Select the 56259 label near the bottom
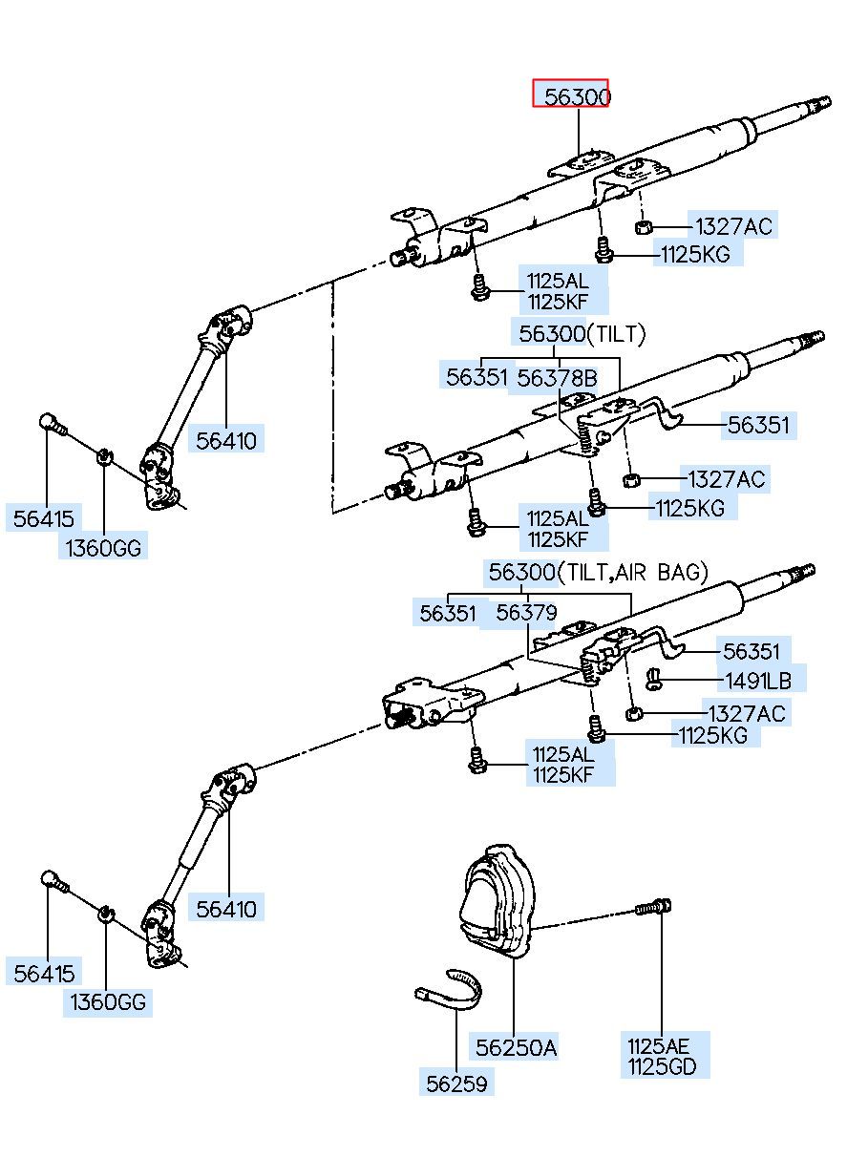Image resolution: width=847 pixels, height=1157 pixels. (x=456, y=1083)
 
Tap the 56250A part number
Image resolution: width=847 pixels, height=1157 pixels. (x=516, y=1047)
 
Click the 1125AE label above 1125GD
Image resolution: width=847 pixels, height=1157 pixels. (x=658, y=1046)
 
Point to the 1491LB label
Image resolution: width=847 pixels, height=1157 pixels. (x=758, y=681)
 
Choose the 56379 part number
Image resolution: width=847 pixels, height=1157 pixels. (x=526, y=613)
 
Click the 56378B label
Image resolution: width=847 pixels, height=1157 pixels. (x=557, y=378)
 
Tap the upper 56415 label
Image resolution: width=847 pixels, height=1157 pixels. (x=44, y=518)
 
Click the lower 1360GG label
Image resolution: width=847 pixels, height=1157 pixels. (x=108, y=1002)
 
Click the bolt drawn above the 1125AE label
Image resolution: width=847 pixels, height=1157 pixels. (x=653, y=907)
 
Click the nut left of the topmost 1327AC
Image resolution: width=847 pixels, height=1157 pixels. (x=643, y=227)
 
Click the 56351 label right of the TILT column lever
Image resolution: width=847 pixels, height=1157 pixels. (x=758, y=426)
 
